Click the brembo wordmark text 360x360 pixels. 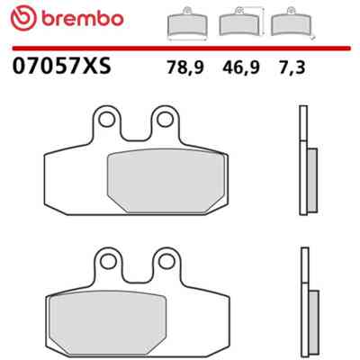pos(83,20)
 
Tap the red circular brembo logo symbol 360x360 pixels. pos(23,19)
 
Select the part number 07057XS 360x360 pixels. pos(62,66)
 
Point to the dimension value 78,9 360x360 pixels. pos(185,67)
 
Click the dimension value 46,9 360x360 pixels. pos(240,67)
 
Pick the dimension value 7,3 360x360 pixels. pos(292,67)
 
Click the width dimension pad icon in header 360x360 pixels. pos(187,23)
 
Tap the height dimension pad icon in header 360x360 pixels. pos(241,22)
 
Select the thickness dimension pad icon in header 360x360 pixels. pos(292,22)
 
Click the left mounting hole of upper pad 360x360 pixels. pos(106,120)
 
